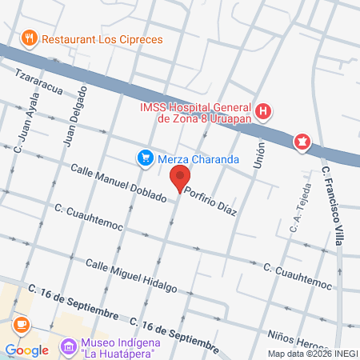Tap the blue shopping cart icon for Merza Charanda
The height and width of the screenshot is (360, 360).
pos(145,158)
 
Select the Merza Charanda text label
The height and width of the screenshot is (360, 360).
pos(198,159)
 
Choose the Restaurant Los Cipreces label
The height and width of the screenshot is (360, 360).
pos(102,38)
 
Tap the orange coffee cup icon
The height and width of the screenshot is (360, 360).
pos(21,325)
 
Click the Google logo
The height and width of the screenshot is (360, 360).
pos(26,350)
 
